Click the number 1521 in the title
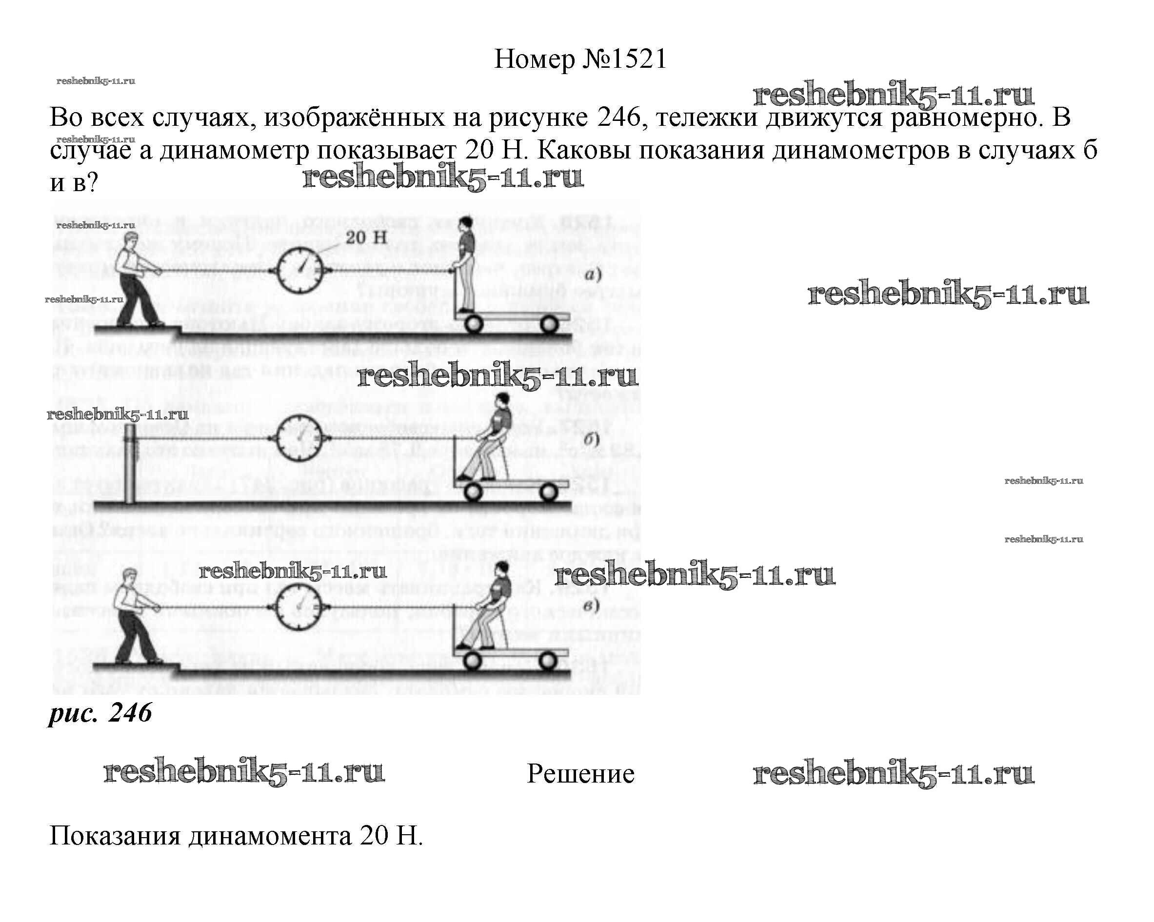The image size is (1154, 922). pos(637,59)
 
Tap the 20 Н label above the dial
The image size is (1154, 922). pos(366,237)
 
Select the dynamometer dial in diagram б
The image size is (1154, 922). pos(300,438)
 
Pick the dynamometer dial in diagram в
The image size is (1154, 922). pos(300,606)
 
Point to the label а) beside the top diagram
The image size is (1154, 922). pos(593,275)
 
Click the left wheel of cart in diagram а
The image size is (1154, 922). pos(472,324)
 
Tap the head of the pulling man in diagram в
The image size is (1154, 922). pos(130,576)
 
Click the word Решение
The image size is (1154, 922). pos(580,774)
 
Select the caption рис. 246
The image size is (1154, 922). pos(100,713)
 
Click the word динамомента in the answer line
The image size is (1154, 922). pos(270,836)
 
